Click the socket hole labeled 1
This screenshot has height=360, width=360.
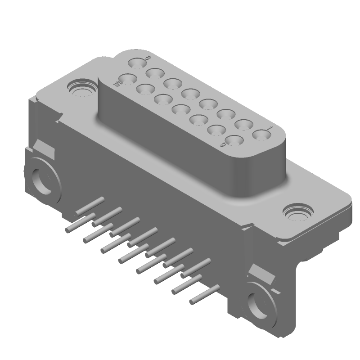(260, 135)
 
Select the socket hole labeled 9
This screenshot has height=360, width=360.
(233, 141)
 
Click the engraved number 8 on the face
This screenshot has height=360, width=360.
(148, 58)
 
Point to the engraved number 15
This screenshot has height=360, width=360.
(117, 83)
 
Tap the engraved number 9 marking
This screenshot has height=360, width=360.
(222, 145)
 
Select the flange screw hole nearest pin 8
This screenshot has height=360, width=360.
(81, 88)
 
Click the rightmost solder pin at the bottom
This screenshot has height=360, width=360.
(193, 300)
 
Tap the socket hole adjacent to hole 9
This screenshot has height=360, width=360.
(215, 130)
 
